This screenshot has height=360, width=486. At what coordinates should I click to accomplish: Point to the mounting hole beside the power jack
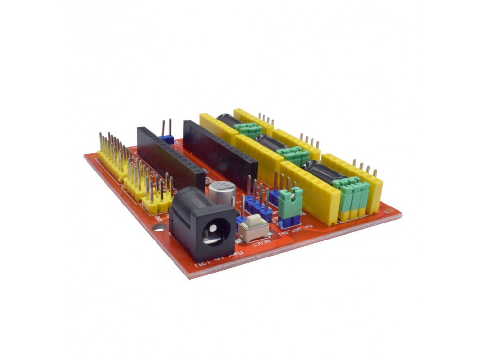point(158,226)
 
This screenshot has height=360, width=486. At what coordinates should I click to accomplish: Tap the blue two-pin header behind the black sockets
point(167,138)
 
